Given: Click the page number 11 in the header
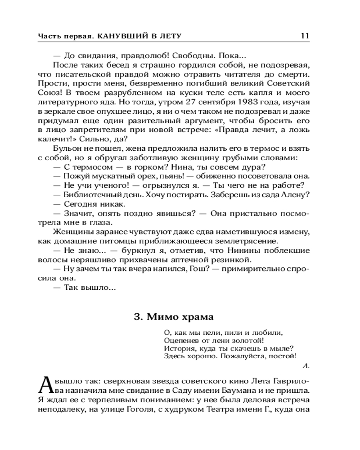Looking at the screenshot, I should point(305,36).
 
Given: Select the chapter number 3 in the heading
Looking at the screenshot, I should point(137,316).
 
